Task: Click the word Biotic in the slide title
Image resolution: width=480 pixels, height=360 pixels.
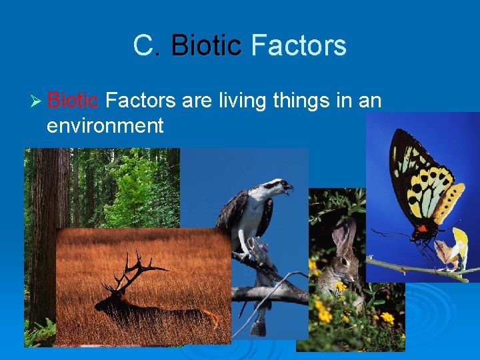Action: [205, 46]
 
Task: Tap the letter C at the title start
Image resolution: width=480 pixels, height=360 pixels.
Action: [143, 46]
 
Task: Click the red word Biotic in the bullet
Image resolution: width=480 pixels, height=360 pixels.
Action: [73, 101]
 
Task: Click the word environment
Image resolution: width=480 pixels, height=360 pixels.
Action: [105, 125]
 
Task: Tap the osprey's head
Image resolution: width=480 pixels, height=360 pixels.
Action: [276, 187]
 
